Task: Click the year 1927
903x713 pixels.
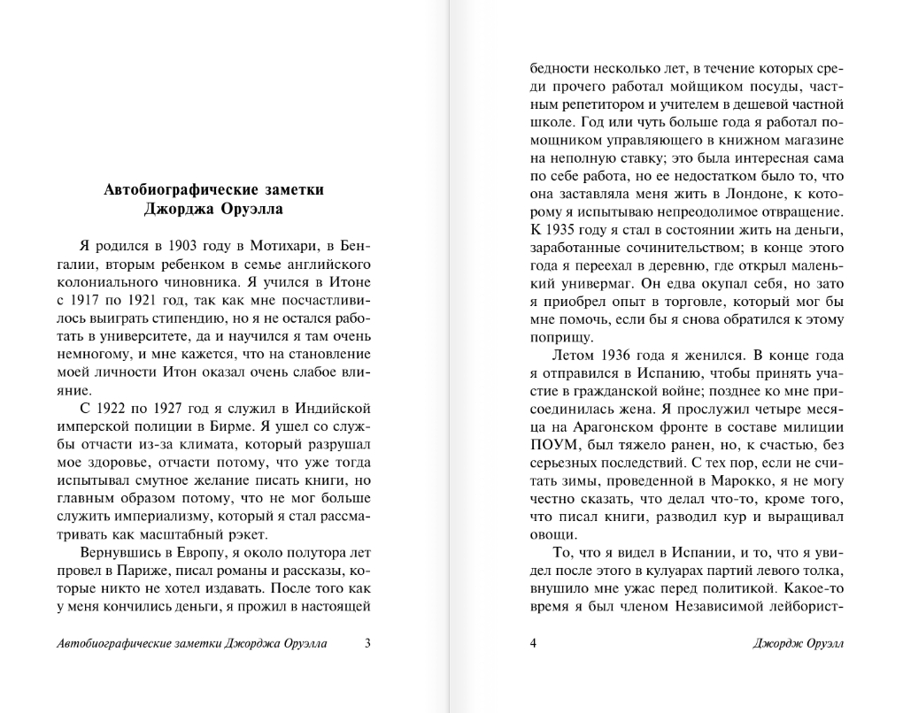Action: coord(176,408)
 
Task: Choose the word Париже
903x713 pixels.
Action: coord(147,571)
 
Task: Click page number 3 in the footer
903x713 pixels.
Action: coord(367,643)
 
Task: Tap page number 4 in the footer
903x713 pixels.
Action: coord(533,643)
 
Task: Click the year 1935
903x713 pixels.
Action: coord(563,230)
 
